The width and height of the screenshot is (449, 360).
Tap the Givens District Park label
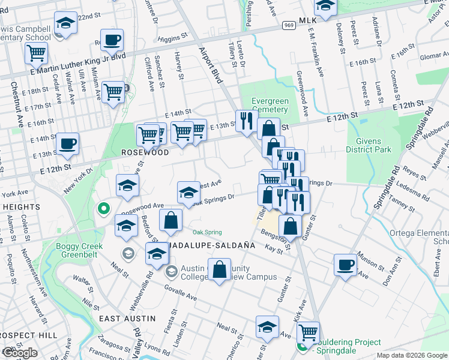369,145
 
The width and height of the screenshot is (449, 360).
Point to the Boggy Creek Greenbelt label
80,250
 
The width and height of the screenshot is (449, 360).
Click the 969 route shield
289,25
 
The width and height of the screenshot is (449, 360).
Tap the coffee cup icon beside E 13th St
67,144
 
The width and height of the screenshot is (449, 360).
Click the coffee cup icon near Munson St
346,265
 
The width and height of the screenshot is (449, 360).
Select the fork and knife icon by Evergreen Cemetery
246,121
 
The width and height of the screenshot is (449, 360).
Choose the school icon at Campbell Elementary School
65,23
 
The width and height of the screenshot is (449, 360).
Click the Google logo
20,353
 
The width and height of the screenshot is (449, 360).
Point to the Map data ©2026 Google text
411,355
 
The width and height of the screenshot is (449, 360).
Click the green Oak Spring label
207,232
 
